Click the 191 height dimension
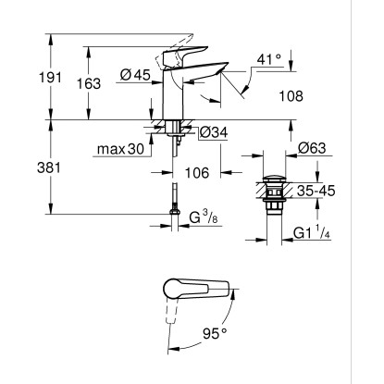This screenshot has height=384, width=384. pos(50,78)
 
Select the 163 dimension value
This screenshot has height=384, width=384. pos(89,83)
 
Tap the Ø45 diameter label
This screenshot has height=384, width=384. pos(135,75)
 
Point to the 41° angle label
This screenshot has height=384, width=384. pos(269,59)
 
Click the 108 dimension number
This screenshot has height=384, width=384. pos(291,96)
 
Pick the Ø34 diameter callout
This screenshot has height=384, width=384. pos(214,132)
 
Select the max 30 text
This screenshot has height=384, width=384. pos(120,149)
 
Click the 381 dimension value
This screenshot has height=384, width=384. pos(49,168)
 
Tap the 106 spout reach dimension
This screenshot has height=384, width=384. pos(197,173)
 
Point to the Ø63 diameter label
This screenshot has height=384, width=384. pos(312,148)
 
